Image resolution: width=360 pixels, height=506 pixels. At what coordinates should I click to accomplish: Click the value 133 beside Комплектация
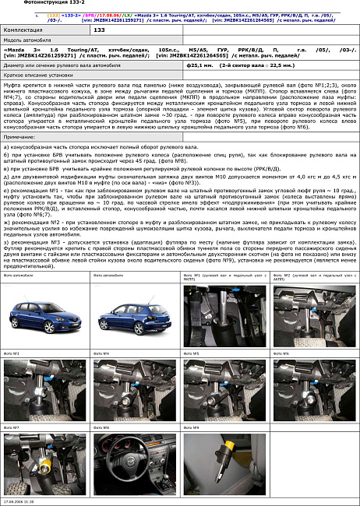pos(99,30)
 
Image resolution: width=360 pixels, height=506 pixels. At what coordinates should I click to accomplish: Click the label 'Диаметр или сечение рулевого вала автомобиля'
pos(62,66)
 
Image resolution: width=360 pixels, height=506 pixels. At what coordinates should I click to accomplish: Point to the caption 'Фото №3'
pos(11,353)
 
